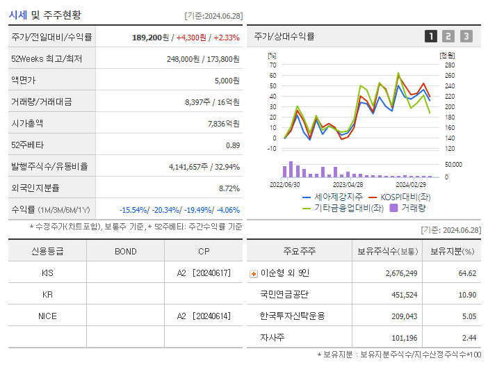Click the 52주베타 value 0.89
(x=233, y=145)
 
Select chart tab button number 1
(x=431, y=36)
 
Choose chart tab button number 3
(x=466, y=36)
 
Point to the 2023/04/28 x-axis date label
(x=348, y=185)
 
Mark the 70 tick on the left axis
(x=273, y=65)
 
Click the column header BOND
(x=125, y=251)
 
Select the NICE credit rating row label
(x=47, y=316)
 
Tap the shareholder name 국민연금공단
(x=284, y=295)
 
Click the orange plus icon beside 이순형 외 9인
(x=254, y=274)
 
